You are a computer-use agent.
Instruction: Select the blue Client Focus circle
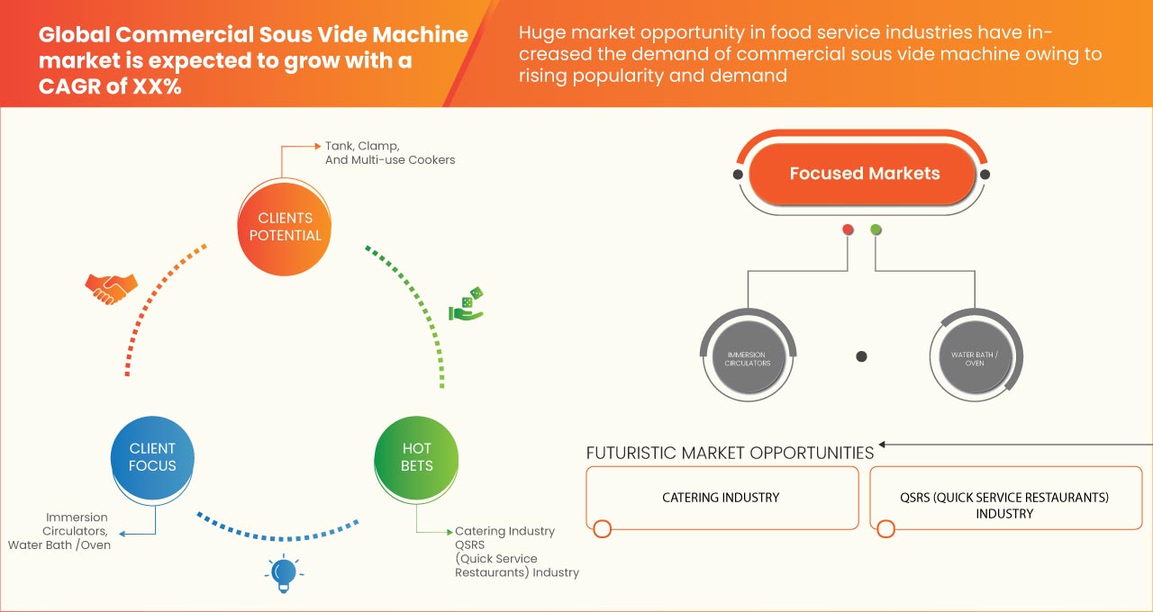point(152,457)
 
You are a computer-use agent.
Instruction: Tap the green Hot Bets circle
point(416,457)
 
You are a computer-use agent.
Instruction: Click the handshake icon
point(111,287)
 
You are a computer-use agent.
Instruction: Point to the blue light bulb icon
point(284,571)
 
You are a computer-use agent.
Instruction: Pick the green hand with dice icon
point(467,305)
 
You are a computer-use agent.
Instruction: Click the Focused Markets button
point(864,174)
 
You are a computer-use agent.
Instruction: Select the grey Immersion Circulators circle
point(748,356)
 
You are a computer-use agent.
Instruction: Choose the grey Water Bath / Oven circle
point(975,356)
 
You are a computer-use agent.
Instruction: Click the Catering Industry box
point(722,498)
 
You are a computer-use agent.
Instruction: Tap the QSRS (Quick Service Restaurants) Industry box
point(1004,505)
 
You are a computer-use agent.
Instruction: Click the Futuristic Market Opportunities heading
point(730,453)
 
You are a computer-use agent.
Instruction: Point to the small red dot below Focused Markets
point(848,230)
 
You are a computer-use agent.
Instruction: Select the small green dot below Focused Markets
point(876,230)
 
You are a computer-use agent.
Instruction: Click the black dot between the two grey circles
point(861,356)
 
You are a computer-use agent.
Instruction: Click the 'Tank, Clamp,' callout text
point(362,145)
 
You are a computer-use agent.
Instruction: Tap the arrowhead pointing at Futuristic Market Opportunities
point(884,444)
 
